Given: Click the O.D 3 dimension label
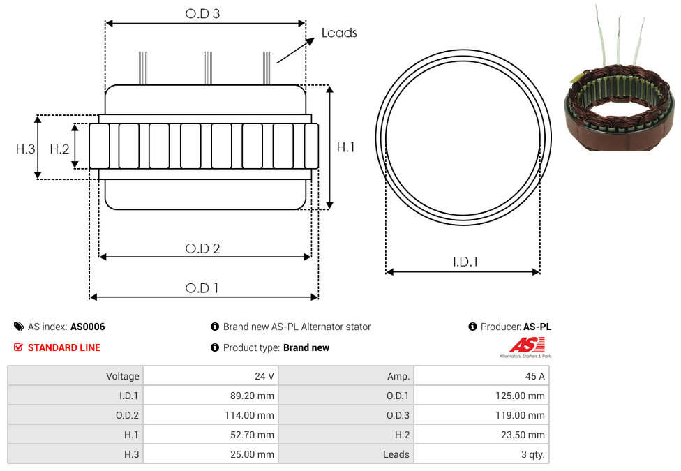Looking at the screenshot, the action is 202,14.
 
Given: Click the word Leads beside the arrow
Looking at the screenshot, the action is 339,33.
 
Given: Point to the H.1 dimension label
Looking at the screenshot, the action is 345,147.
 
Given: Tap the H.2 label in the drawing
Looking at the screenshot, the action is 59,149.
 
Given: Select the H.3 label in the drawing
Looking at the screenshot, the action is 25,149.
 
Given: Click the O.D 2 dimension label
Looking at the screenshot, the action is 202,248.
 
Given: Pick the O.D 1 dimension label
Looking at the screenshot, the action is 202,288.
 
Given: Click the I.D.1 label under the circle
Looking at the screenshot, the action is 465,262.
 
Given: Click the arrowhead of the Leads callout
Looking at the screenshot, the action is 310,41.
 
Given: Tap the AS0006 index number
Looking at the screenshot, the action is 88,327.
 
